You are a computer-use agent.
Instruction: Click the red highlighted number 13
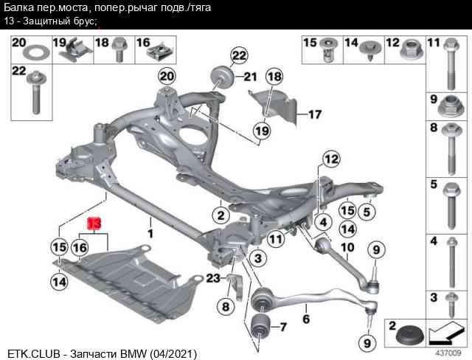pos(94,223)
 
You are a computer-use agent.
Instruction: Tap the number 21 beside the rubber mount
pos(249,77)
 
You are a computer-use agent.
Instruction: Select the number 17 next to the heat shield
pos(315,114)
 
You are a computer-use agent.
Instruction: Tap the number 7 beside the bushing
pos(283,326)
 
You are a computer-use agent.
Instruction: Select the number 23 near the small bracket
pos(213,278)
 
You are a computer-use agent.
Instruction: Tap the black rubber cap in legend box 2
pos(410,338)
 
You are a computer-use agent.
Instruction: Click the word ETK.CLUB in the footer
pos(33,353)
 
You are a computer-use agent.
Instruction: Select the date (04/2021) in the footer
pos(173,353)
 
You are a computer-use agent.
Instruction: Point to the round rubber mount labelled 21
pos(221,77)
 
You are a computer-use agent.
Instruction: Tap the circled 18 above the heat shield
pos(274,77)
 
